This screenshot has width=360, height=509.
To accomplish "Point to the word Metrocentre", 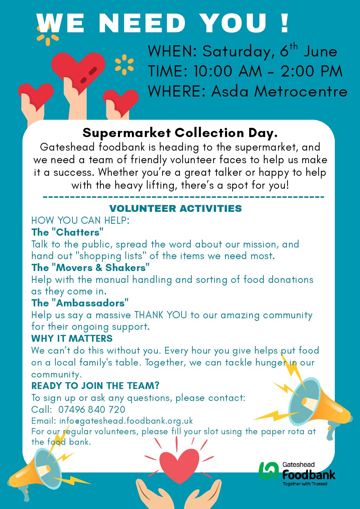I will click(301, 91).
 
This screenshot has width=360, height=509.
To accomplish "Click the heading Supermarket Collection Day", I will click(180, 133).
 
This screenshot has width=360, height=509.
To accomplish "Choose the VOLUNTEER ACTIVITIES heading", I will click(175, 208).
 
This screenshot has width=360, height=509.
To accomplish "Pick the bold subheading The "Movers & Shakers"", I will click(90, 268).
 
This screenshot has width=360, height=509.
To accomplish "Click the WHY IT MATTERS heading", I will click(72, 338).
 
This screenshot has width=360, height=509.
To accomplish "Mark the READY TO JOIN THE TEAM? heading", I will click(95, 386).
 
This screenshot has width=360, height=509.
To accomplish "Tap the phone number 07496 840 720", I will click(92, 409).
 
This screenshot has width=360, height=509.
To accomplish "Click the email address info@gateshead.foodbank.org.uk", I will click(126, 421).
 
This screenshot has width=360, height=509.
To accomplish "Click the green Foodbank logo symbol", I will click(269, 471).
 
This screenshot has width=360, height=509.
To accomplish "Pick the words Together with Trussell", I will click(305, 484).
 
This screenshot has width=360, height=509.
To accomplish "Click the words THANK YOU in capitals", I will click(160, 315).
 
